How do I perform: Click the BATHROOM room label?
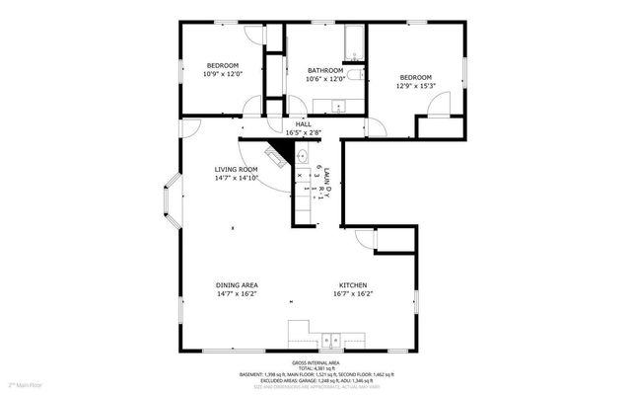pyautogui.click(x=324, y=70)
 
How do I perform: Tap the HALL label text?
pyautogui.click(x=304, y=124)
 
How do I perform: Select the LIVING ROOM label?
pyautogui.click(x=237, y=169)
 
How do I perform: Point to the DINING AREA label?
pyautogui.click(x=237, y=285)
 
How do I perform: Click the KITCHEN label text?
pyautogui.click(x=354, y=285)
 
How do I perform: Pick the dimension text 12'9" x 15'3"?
pyautogui.click(x=415, y=86)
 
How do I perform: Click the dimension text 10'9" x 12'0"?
pyautogui.click(x=222, y=74)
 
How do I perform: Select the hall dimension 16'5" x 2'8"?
pyautogui.click(x=304, y=132)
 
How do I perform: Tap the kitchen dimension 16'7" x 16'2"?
pyautogui.click(x=354, y=293)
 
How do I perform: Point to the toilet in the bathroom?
pyautogui.click(x=361, y=74)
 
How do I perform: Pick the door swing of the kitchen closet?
pyautogui.click(x=363, y=238)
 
